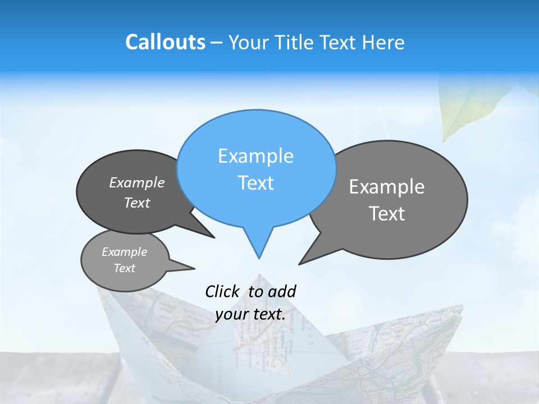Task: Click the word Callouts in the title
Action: click(165, 42)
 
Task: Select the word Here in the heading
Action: click(383, 43)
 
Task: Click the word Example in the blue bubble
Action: click(255, 156)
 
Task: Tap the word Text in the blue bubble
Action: click(256, 183)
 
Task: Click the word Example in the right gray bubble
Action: click(387, 187)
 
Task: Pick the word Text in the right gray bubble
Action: click(387, 214)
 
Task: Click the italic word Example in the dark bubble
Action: click(137, 183)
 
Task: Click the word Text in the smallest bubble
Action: click(125, 268)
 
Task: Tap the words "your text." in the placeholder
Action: click(250, 314)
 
